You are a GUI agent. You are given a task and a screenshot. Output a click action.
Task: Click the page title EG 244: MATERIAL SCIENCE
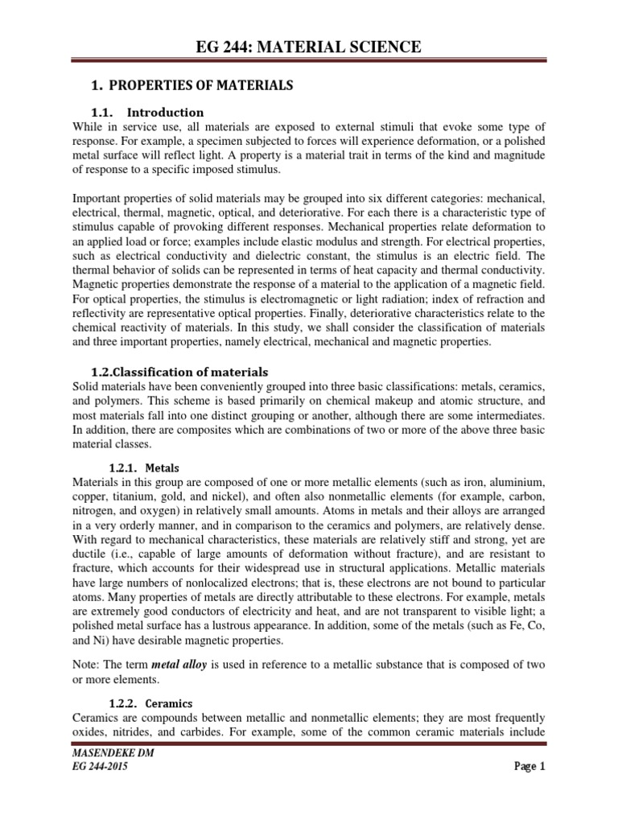click(x=309, y=47)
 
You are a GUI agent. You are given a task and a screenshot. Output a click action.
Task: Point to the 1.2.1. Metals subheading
click(x=144, y=468)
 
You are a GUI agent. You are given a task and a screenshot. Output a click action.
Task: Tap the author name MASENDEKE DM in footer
click(x=112, y=753)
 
